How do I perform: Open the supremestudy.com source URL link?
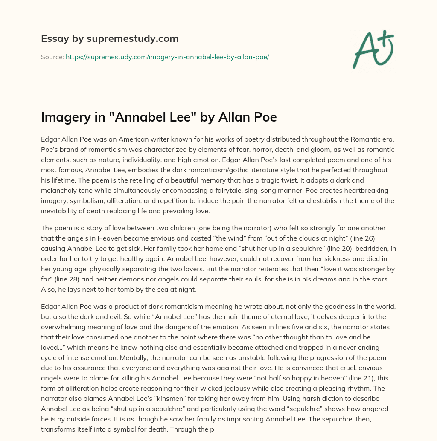[167, 56]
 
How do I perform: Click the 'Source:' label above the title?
[52, 56]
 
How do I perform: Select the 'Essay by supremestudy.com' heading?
[110, 39]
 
